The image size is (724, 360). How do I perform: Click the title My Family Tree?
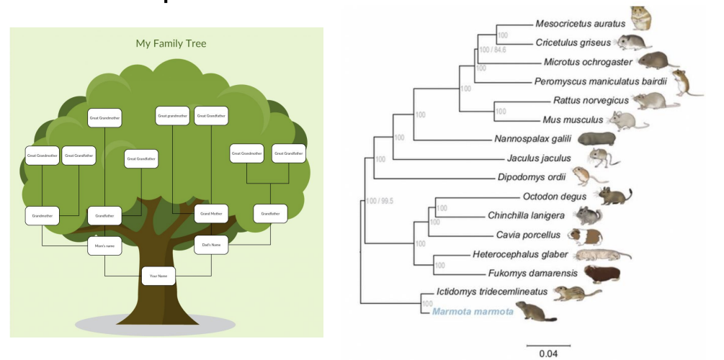[x=171, y=44]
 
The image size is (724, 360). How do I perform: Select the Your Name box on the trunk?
[x=158, y=276]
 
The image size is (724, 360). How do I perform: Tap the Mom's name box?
[x=105, y=246]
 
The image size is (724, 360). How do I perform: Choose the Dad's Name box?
[x=211, y=245]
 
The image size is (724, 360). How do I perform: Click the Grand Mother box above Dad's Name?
[x=211, y=214]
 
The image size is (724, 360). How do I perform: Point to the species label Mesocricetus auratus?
[x=581, y=24]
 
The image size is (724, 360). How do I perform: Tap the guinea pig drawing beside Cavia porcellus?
[x=584, y=235]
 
